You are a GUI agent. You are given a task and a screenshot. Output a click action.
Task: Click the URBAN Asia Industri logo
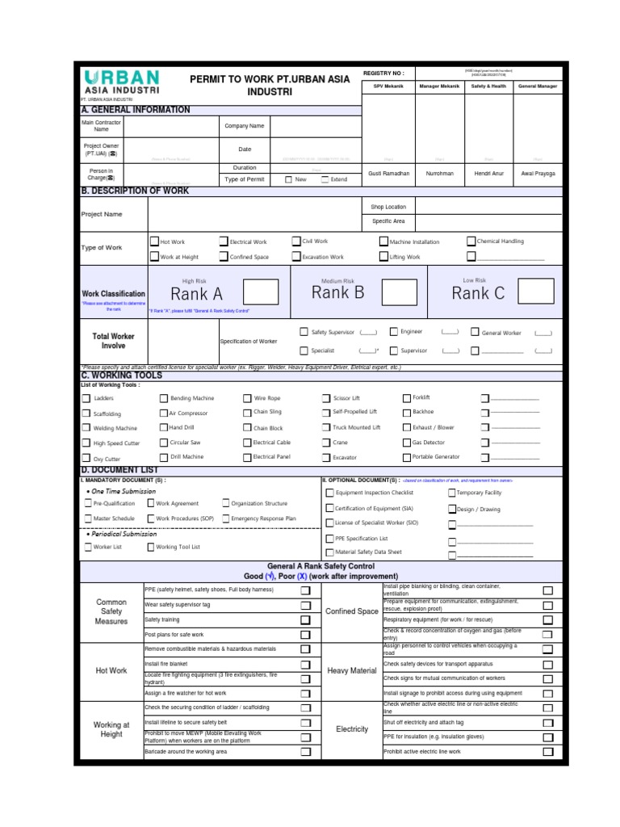click(x=122, y=82)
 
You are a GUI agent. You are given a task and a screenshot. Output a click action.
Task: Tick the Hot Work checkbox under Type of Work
click(x=154, y=241)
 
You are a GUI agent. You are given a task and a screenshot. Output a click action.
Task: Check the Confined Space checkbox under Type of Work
click(x=223, y=257)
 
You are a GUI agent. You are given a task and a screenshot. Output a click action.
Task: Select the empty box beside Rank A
click(x=261, y=292)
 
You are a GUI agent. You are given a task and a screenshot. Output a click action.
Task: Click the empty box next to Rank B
click(x=399, y=292)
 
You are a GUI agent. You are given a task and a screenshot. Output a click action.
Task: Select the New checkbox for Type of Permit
click(x=289, y=179)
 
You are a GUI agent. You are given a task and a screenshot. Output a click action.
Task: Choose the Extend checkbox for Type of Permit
click(x=325, y=179)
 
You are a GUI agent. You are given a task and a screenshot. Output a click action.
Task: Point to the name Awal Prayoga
click(x=538, y=174)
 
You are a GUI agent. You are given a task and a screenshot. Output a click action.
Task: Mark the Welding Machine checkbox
click(x=86, y=428)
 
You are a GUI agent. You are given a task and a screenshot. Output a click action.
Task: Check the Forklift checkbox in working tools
click(x=407, y=397)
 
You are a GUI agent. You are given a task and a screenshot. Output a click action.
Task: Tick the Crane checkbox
click(x=327, y=443)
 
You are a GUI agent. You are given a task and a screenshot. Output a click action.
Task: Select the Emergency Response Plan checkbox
click(x=225, y=518)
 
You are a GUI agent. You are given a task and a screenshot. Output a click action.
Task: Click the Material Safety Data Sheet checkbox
click(x=329, y=552)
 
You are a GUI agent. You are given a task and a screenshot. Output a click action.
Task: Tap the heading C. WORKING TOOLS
click(x=122, y=376)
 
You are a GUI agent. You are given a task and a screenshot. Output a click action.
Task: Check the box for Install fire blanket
click(x=305, y=664)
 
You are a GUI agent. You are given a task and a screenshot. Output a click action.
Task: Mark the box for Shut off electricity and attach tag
click(x=548, y=722)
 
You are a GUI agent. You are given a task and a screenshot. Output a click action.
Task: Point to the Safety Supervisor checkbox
click(x=304, y=331)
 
